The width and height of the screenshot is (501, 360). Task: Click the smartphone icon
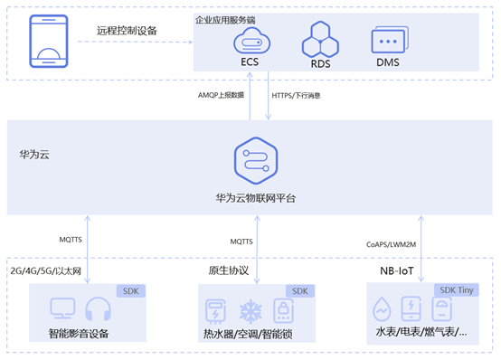(x=49, y=41)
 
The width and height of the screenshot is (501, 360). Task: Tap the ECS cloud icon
(x=251, y=41)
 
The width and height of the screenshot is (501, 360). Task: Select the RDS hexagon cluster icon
(x=320, y=40)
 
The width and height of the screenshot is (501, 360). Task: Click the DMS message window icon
(x=390, y=40)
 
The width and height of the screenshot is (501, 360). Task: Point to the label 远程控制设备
(x=127, y=31)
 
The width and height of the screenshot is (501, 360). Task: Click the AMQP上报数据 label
(x=221, y=95)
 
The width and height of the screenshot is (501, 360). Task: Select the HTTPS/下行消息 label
(x=296, y=95)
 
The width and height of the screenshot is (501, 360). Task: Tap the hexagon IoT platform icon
(x=256, y=160)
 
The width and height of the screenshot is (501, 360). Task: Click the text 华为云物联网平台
(x=256, y=198)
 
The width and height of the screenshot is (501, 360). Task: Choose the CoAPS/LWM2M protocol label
(x=391, y=244)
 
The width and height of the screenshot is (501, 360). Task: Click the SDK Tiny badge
(x=457, y=290)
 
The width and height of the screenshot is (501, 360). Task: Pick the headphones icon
(x=98, y=308)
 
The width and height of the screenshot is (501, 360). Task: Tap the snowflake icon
(x=250, y=311)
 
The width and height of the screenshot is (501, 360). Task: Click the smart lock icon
(x=283, y=310)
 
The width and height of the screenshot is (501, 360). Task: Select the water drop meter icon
(x=382, y=308)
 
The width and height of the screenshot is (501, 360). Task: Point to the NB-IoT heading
(x=396, y=271)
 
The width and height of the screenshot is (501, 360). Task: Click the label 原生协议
(x=229, y=270)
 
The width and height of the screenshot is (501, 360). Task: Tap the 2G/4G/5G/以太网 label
(x=46, y=271)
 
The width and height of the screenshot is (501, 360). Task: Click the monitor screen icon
(x=62, y=308)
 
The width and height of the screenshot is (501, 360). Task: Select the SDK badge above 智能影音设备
(x=131, y=291)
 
